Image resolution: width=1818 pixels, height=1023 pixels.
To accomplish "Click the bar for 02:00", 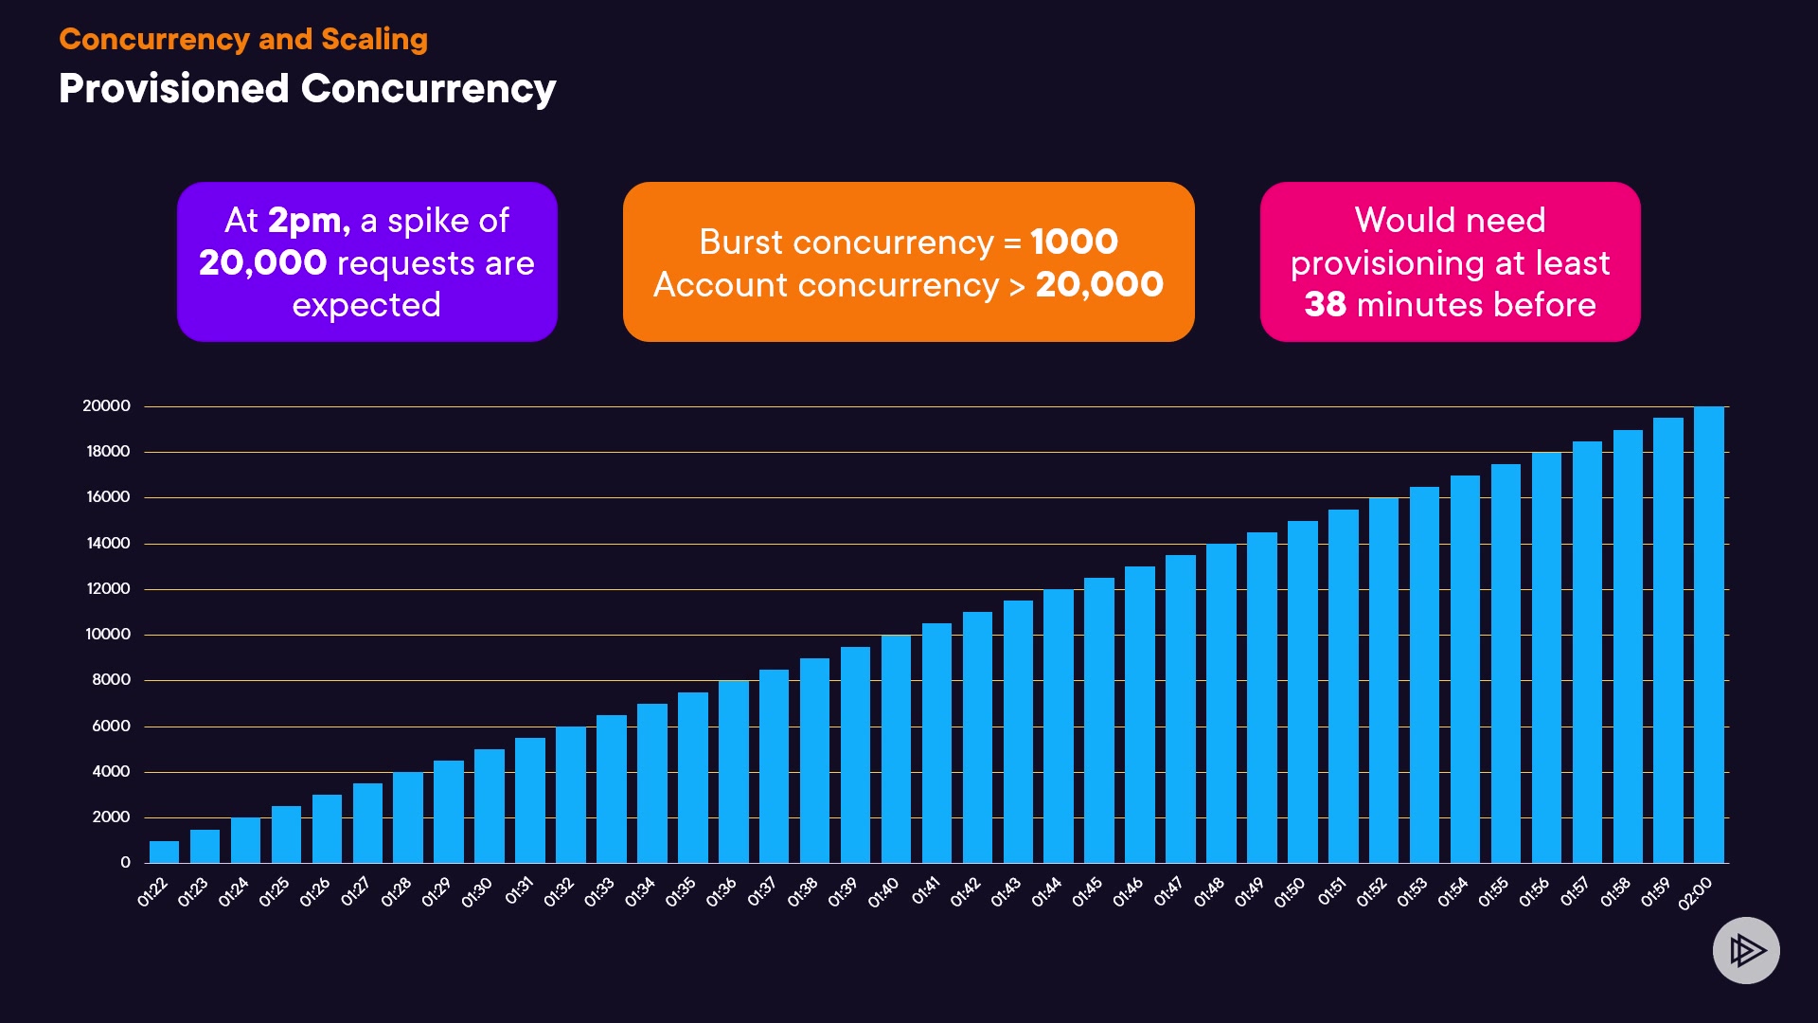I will coord(1708,635).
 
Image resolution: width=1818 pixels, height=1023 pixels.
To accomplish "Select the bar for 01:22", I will coord(164,852).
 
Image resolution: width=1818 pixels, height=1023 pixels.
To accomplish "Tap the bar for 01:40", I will coord(896,748).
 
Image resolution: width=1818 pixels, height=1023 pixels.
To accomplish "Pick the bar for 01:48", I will coord(1221,703).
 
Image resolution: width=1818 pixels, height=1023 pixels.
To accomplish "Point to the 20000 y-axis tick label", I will coord(106,406).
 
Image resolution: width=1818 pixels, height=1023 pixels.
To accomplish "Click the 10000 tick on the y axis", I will coord(108,635).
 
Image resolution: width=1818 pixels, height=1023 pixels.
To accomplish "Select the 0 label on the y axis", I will coord(125,863).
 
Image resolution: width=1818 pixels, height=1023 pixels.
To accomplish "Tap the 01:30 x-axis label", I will coord(477,892).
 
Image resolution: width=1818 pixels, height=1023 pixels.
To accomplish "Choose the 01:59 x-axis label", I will coord(1656,892).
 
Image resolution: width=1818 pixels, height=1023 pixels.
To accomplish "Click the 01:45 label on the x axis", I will coord(1087,892).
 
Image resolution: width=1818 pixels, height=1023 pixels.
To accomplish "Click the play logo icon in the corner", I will coord(1746,950).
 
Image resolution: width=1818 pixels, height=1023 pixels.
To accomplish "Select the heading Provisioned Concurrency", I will coord(307,88).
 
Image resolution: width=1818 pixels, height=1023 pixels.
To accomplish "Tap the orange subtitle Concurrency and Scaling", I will coord(243,39).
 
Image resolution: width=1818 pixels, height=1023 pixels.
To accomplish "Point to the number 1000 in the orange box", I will coord(1074,242).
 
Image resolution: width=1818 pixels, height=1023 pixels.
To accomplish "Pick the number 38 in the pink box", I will coord(1325,305).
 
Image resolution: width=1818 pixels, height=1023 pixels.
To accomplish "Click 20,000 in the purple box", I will coord(262,262).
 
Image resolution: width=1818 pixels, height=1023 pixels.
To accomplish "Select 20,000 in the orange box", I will coord(1099,284).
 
